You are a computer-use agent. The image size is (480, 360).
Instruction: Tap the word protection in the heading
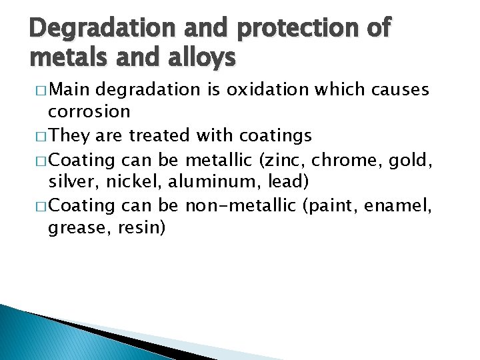(x=277, y=30)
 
